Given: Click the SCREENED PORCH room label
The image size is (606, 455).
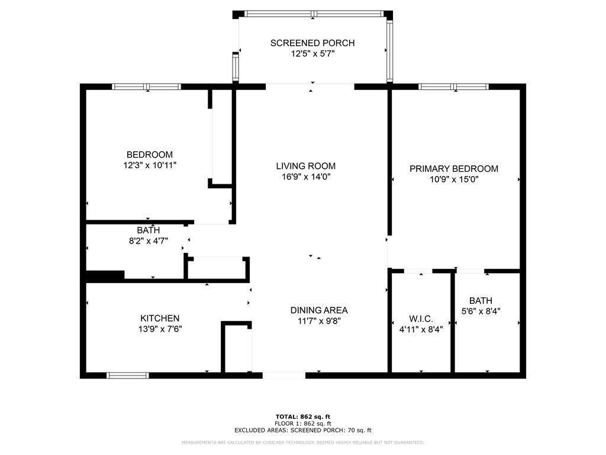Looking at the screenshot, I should coord(312,43).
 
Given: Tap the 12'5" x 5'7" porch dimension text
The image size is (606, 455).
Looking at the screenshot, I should coord(312,53).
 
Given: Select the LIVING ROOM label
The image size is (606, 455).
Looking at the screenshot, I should coord(305,166).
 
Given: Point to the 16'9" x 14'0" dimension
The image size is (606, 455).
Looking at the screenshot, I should coord(305,177).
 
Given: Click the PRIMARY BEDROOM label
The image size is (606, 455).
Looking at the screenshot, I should coord(454,169).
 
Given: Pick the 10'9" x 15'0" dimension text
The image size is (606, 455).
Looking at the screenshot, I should coord(454,179).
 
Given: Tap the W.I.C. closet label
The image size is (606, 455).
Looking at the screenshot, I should coord(421,319).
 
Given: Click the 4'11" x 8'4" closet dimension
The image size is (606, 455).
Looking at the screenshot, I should coord(421,329).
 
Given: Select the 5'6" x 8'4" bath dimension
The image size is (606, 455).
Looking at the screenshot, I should coord(481,311).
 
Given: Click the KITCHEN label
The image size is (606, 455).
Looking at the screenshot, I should coord(160,318).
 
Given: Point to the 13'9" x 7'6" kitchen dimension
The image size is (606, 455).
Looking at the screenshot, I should coord(160,329).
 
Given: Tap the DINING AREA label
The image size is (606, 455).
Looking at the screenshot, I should coord(319,310).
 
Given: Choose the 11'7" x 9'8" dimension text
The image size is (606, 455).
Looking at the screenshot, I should coord(319,321).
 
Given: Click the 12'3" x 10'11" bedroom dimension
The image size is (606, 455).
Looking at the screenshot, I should coord(146,165).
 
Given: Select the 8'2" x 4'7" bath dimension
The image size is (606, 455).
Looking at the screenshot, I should coord(148,241).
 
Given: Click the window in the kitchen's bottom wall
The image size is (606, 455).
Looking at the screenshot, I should coord(128,375).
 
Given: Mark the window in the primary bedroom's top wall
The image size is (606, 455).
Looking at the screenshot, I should coord(454,86).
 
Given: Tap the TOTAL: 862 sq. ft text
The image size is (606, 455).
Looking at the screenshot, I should coord(303,416).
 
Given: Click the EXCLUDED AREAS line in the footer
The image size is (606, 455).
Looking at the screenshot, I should coord(303,430).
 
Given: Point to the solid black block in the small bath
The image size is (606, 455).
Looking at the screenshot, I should coord(105,275).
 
